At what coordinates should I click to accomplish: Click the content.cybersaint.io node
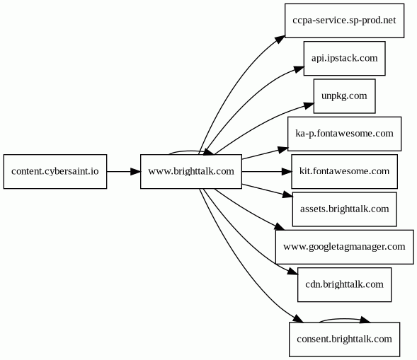55,172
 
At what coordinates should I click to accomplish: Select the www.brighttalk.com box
191,172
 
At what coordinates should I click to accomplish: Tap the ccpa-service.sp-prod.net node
344,21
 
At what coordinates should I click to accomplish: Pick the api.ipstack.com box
344,59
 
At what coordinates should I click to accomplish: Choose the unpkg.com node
344,96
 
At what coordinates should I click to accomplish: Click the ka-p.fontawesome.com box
344,134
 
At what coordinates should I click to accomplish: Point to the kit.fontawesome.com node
344,172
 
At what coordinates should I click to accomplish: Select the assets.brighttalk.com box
344,209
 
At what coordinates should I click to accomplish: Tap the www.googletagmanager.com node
344,247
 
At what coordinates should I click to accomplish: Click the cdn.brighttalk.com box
344,285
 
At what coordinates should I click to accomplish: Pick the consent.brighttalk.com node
344,339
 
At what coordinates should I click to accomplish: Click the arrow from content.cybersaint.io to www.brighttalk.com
124,172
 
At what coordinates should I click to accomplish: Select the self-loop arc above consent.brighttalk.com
344,319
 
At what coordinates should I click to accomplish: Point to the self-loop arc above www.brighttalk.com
189,151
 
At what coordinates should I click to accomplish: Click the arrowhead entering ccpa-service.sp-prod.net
280,39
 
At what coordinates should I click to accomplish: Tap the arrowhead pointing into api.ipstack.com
299,69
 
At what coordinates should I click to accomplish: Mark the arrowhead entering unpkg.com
309,106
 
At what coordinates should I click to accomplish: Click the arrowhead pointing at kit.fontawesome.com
287,172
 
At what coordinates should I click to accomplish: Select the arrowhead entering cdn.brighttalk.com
293,272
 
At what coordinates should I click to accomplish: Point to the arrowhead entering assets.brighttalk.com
287,194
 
